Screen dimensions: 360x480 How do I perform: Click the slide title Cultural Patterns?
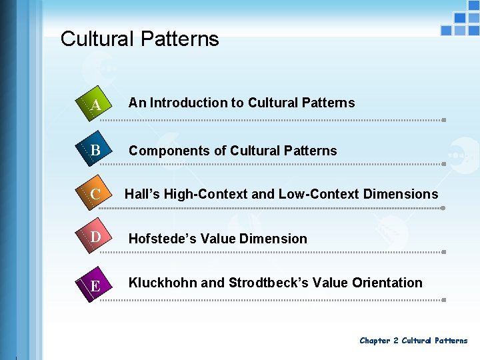(139, 39)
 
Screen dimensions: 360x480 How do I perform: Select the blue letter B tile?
(93, 151)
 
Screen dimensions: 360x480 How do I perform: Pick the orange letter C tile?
(93, 195)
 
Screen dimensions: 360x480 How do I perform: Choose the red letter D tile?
(93, 237)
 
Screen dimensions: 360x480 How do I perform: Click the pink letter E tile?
(93, 285)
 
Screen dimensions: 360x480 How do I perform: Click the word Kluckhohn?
(163, 283)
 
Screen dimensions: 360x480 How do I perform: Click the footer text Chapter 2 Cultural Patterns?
(413, 341)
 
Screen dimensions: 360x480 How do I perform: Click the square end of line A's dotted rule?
(443, 120)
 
